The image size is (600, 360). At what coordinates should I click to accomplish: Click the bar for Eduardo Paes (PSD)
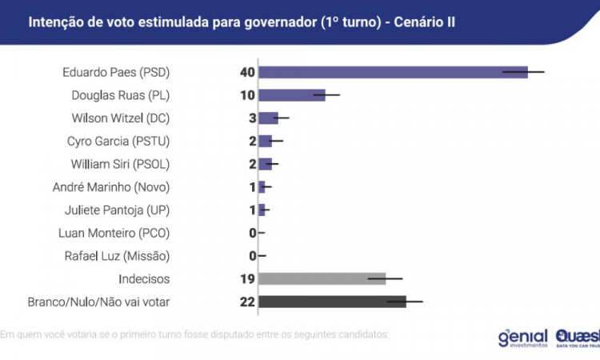392,72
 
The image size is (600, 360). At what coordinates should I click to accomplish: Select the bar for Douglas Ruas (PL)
291,95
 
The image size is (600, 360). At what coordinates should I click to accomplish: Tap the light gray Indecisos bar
322,278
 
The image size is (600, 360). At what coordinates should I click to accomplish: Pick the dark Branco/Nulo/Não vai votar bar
332,302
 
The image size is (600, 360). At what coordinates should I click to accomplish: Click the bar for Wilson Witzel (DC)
268,118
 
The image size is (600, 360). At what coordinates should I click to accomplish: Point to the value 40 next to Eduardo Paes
246,72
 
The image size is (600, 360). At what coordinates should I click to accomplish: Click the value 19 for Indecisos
246,278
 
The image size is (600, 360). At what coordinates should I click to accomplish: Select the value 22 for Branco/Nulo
246,302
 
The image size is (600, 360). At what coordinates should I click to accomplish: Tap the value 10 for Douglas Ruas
246,95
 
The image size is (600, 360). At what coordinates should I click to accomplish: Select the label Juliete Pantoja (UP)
117,210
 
